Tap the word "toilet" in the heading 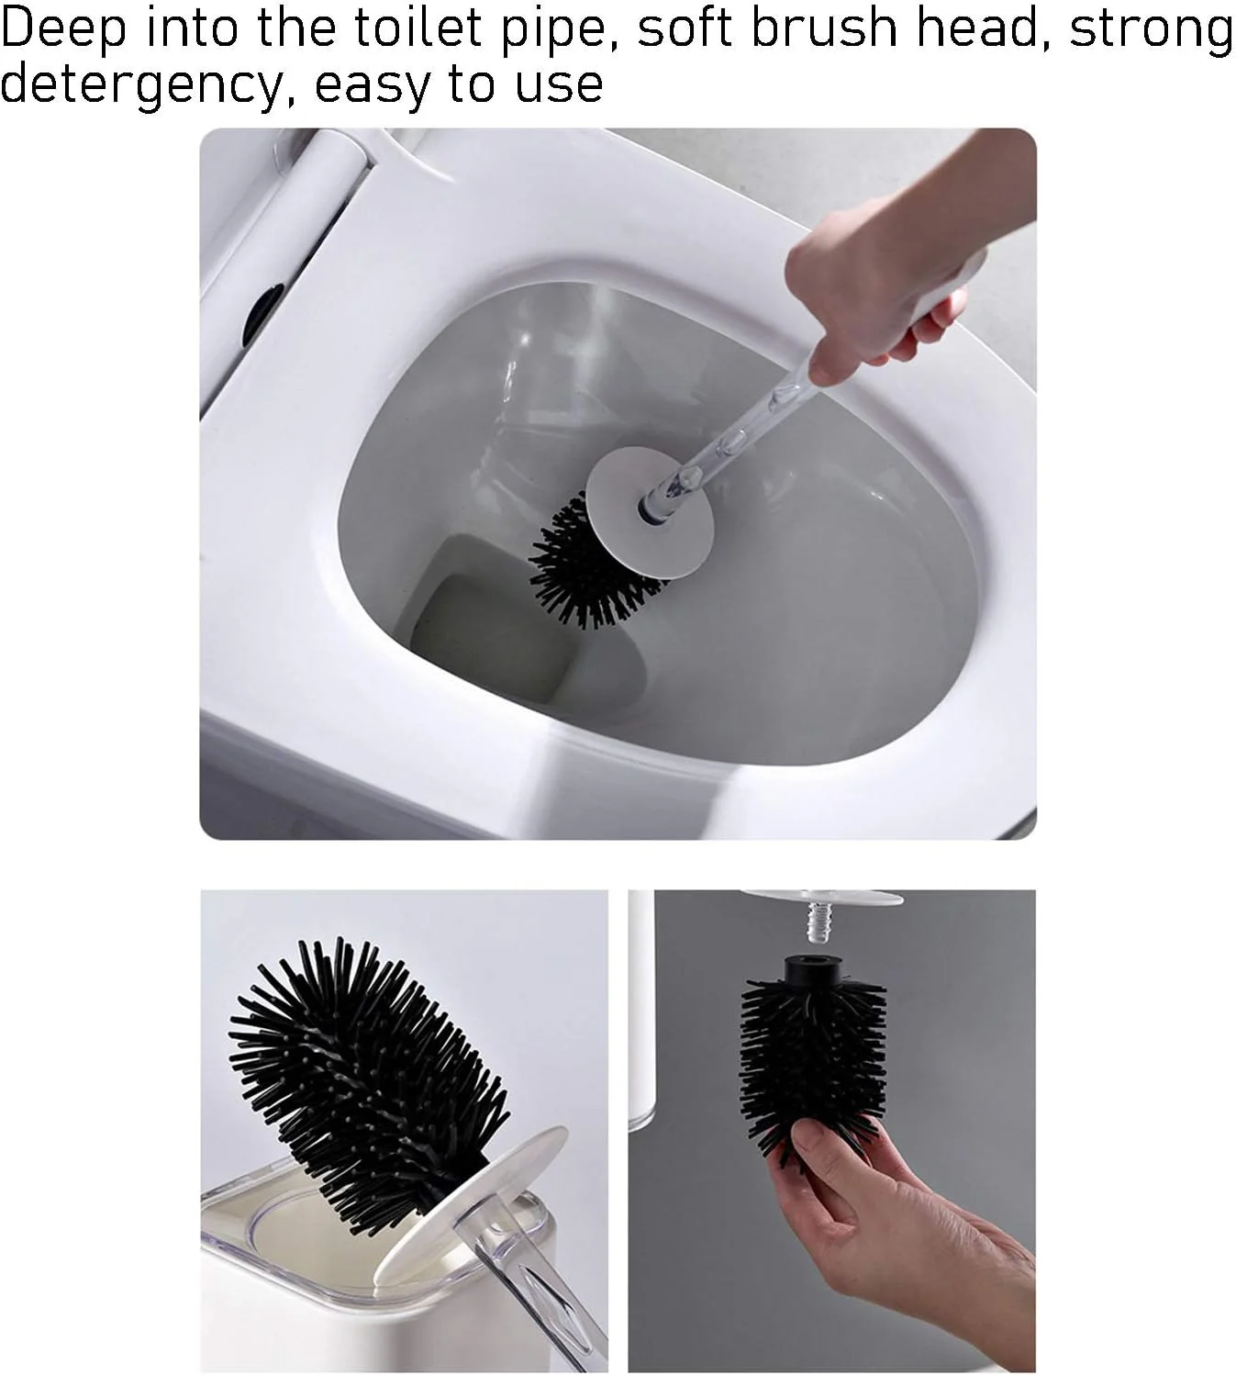418,28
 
